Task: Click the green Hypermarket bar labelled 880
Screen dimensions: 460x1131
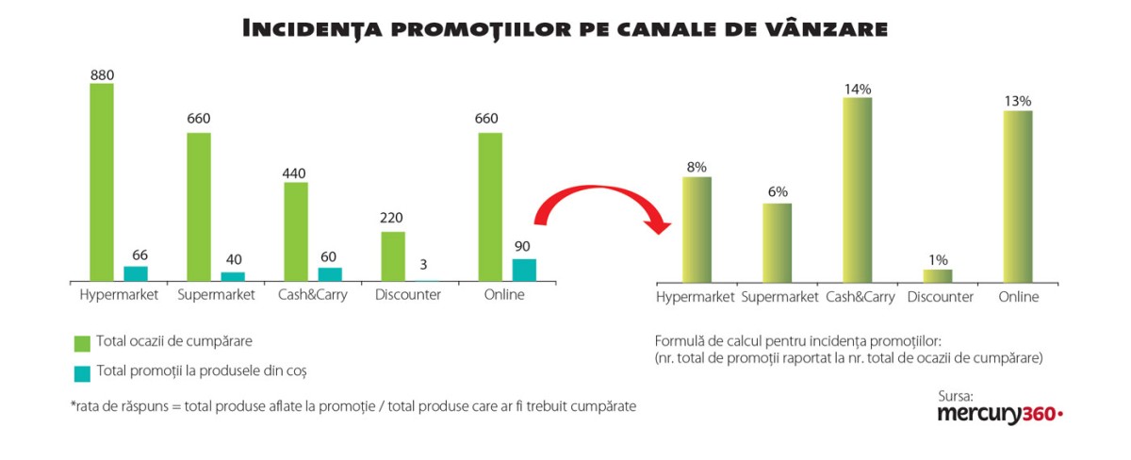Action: pyautogui.click(x=102, y=182)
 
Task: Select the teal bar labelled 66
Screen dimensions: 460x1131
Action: pyautogui.click(x=136, y=273)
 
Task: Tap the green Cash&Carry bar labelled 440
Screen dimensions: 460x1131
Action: pyautogui.click(x=296, y=231)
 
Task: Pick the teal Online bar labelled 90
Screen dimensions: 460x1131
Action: pyautogui.click(x=524, y=270)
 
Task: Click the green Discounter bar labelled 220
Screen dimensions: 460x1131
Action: pyautogui.click(x=393, y=255)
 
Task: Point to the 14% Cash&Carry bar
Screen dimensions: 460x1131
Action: pyautogui.click(x=858, y=189)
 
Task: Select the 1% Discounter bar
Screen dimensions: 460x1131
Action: pyautogui.click(x=938, y=275)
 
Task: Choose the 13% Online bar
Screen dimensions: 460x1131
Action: pyautogui.click(x=1018, y=196)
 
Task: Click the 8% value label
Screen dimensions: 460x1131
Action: pyautogui.click(x=697, y=167)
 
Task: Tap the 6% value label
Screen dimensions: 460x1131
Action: pyautogui.click(x=778, y=192)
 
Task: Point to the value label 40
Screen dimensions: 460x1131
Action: pyautogui.click(x=233, y=260)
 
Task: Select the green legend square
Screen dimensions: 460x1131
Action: pyautogui.click(x=82, y=341)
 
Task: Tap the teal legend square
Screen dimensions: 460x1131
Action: pyautogui.click(x=82, y=372)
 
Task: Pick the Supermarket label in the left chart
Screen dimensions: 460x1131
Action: pyautogui.click(x=216, y=295)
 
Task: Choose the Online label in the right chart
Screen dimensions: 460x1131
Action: pyautogui.click(x=1018, y=297)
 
